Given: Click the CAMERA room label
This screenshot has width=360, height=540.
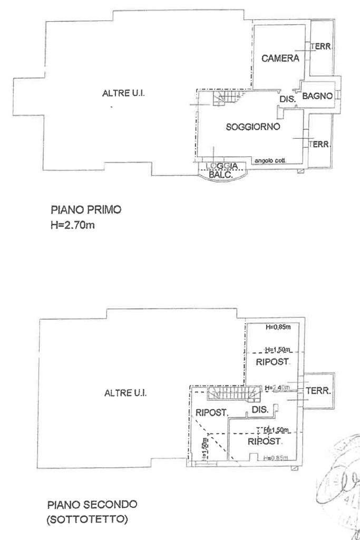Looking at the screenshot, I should tap(280, 59).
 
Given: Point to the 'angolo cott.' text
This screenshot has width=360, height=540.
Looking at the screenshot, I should tap(269, 161).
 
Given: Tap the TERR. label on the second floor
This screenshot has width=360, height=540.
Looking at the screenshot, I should tap(318, 392).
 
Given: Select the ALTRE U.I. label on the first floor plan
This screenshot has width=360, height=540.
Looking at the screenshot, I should tap(123, 93).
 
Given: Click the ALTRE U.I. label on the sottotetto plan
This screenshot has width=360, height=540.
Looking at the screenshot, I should tap(125, 393).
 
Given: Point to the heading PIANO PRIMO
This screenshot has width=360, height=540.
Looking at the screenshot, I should tap(86, 210).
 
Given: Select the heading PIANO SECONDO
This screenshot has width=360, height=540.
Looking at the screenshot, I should tap(92, 504).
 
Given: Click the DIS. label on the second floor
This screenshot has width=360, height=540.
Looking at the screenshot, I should tap(260, 409).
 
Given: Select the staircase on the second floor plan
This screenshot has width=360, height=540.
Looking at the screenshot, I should tap(232, 393).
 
